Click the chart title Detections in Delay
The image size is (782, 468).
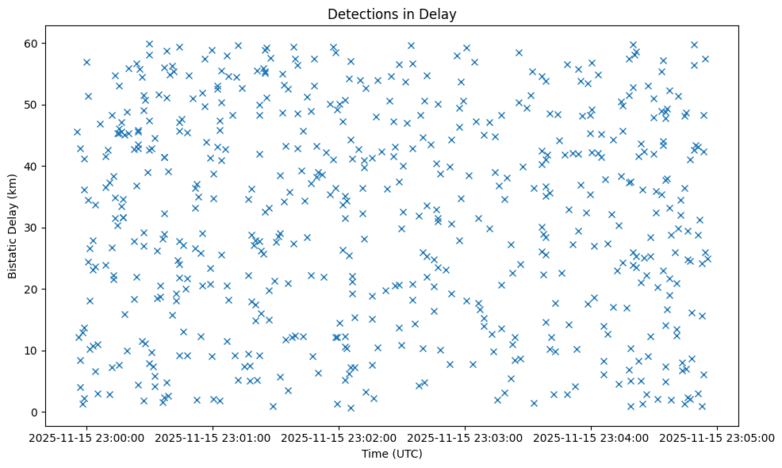[391, 13]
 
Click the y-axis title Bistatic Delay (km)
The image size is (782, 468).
[13, 226]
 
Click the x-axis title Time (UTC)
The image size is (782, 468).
[391, 454]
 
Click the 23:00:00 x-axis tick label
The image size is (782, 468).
[87, 437]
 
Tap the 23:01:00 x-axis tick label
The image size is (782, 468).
[213, 437]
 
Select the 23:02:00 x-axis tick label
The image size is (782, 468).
[339, 437]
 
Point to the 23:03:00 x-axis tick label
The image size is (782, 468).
[466, 437]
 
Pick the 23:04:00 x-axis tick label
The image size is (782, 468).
[592, 437]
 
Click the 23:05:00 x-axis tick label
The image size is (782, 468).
[718, 437]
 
